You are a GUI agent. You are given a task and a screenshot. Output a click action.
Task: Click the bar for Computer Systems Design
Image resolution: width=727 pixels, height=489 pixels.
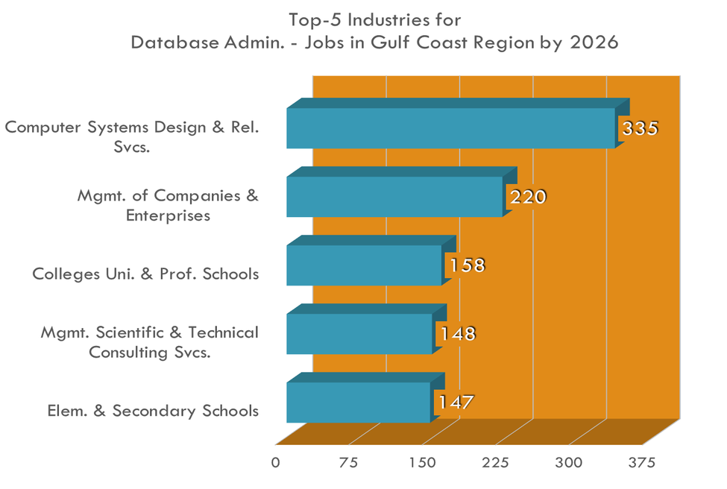(x=450, y=128)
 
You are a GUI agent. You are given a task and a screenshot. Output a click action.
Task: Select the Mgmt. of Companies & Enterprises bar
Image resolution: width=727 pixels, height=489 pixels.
(x=394, y=197)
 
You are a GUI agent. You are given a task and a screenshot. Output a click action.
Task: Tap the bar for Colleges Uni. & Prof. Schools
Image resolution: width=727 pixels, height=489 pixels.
(x=363, y=265)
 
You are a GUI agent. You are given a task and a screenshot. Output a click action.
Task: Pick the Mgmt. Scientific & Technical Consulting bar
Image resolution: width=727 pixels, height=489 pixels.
(x=359, y=334)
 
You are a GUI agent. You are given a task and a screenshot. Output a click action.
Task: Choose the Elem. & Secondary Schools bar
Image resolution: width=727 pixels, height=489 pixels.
(x=358, y=403)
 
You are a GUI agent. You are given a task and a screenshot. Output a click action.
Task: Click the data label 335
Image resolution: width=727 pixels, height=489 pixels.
(x=641, y=128)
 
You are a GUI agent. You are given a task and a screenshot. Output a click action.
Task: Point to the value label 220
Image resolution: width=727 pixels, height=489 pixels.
(x=528, y=197)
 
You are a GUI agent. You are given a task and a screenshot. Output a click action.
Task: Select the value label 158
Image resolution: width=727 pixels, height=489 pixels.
(x=466, y=265)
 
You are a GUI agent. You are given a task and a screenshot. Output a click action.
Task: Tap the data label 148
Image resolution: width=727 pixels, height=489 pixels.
(x=456, y=334)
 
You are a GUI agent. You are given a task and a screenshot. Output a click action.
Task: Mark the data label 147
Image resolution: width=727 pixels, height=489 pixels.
(x=456, y=403)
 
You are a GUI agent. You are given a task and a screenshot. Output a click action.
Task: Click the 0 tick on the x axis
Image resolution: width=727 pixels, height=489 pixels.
(x=276, y=463)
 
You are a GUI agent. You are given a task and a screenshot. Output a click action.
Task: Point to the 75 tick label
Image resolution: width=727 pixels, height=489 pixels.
(x=348, y=463)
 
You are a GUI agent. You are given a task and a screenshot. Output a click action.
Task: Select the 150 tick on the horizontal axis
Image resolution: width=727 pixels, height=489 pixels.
(x=422, y=463)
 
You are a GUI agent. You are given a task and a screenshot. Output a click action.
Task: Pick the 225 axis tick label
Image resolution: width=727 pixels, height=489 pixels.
(x=495, y=463)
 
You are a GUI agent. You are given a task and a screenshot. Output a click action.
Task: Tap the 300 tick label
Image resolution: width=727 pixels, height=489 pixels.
(x=569, y=463)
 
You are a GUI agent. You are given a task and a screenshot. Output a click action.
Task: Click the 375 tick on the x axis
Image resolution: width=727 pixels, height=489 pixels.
(x=642, y=463)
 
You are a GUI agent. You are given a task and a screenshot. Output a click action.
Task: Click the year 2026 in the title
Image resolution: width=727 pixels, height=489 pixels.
(x=594, y=42)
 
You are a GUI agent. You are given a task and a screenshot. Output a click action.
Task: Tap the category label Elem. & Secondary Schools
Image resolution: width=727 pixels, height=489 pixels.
(x=153, y=411)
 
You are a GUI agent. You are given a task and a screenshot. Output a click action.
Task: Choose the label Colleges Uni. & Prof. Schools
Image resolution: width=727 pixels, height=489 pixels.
(x=145, y=274)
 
